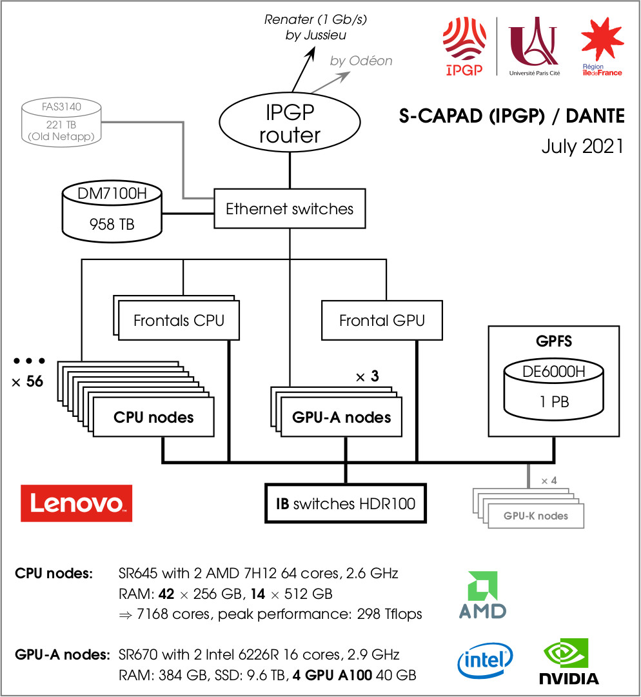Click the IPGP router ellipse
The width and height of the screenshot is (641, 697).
click(x=290, y=124)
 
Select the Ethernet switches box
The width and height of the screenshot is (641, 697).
click(x=290, y=208)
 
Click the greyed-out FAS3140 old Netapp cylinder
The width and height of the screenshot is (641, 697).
click(x=63, y=121)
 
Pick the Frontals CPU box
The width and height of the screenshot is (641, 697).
click(x=179, y=320)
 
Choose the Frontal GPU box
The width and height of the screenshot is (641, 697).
click(x=382, y=320)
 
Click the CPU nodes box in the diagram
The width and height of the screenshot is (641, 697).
click(x=153, y=417)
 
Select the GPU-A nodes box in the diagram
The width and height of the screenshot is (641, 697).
click(x=341, y=417)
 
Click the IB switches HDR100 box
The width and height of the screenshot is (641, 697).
click(x=346, y=504)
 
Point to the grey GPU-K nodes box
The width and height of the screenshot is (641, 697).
click(x=536, y=516)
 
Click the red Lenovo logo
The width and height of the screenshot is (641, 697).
click(x=77, y=503)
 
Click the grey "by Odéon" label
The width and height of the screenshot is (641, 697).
click(x=361, y=61)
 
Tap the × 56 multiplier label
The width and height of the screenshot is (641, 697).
click(x=28, y=381)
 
